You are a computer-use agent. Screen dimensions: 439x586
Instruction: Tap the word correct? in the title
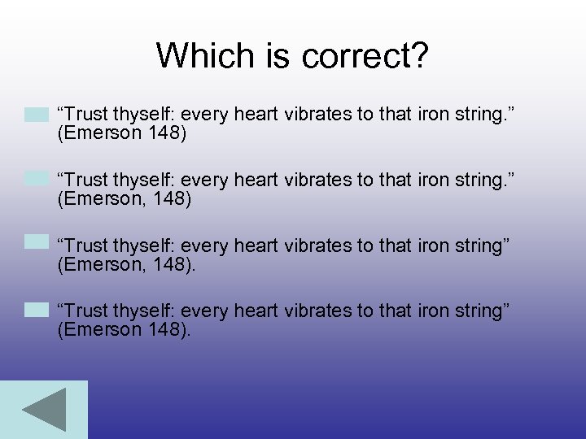[365, 55]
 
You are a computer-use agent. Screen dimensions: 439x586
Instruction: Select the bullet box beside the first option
[37, 115]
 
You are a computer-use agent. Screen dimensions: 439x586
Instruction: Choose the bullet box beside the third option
[37, 242]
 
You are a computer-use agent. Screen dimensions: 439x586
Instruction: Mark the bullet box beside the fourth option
[37, 309]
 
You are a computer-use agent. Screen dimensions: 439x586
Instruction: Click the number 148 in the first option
[166, 133]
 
